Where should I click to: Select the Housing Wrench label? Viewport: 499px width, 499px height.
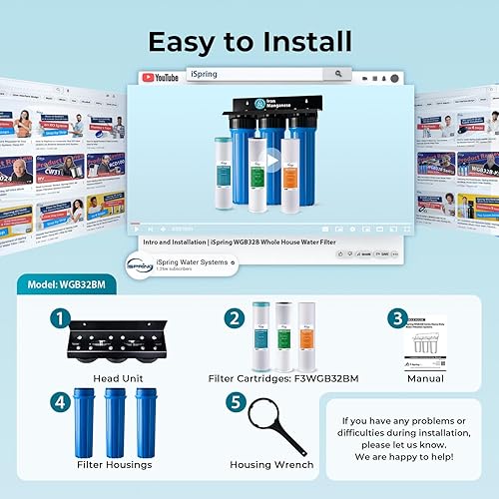(x=271, y=464)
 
